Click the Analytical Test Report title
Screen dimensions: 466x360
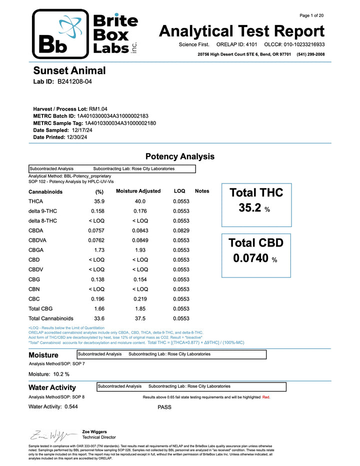point(241,31)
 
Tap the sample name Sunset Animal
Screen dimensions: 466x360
point(69,71)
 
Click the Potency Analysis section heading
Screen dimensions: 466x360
point(179,156)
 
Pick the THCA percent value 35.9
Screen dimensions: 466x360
point(99,201)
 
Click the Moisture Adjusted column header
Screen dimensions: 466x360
point(138,191)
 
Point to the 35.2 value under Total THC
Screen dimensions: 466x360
point(249,208)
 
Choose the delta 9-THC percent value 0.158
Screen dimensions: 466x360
point(97,211)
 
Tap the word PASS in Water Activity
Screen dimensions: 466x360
point(164,407)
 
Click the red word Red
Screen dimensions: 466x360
point(266,397)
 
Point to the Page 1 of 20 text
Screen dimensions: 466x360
point(311,15)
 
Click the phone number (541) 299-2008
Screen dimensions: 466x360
point(310,54)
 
